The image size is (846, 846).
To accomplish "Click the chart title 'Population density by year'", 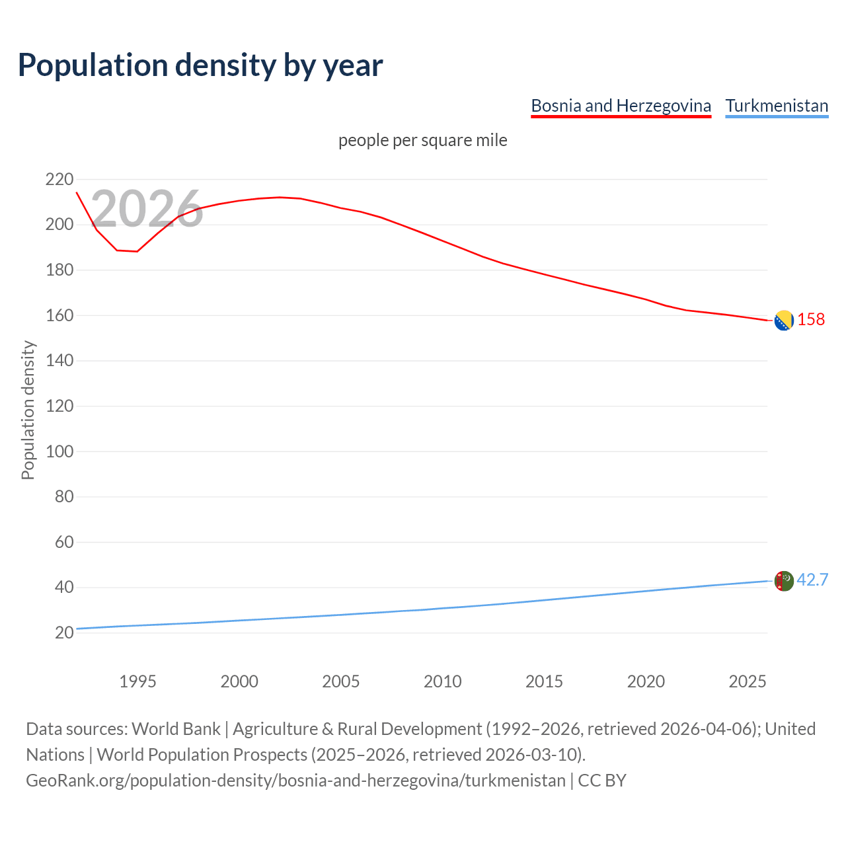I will click(x=200, y=65).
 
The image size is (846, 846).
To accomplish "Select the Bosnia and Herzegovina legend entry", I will click(x=621, y=106).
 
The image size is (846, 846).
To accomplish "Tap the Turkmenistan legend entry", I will click(x=777, y=106).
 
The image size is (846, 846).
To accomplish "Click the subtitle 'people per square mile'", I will click(x=423, y=140).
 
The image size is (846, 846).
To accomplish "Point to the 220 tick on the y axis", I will click(x=59, y=179).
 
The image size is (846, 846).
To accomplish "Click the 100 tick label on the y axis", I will click(x=59, y=451).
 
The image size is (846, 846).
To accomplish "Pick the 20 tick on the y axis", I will click(x=64, y=633).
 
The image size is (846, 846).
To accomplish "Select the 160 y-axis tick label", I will click(x=59, y=315).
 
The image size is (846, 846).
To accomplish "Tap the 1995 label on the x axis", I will click(x=137, y=681).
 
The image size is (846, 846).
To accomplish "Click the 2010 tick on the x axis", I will click(x=442, y=681).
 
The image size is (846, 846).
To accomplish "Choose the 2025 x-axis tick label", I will click(x=748, y=681).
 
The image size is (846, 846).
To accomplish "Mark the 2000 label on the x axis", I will click(x=239, y=681).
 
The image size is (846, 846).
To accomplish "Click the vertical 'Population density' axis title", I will click(x=28, y=410).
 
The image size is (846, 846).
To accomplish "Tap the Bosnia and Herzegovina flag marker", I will click(x=783, y=321).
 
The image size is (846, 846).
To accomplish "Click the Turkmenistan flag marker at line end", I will click(x=783, y=581).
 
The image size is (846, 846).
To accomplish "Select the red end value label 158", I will click(x=811, y=319).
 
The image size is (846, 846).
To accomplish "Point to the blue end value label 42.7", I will click(x=812, y=580).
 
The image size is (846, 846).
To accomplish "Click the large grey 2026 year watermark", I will click(x=147, y=209).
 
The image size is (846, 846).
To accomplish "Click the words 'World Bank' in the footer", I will click(x=176, y=729).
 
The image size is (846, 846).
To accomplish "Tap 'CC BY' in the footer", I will click(x=601, y=781).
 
